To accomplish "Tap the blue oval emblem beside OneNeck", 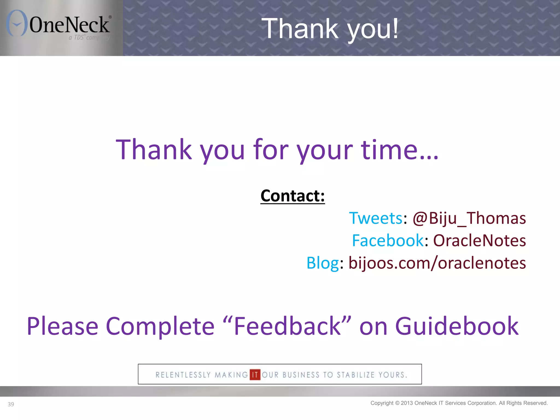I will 17,23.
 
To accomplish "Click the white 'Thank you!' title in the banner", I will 330,28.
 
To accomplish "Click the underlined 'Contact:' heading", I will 292,196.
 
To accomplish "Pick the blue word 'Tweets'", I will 376,218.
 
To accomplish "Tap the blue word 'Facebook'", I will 387,241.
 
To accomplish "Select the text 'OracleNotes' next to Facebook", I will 479,241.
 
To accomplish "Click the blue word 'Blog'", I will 322,263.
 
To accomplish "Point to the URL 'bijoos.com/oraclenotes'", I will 437,263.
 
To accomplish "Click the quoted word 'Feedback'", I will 287,326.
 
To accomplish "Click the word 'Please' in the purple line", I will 62,326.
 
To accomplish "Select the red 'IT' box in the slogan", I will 255,375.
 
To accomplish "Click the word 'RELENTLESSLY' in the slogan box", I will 183,375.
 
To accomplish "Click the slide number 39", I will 11,404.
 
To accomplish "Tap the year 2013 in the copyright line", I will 407,403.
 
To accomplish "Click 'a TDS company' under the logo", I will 89,37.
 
